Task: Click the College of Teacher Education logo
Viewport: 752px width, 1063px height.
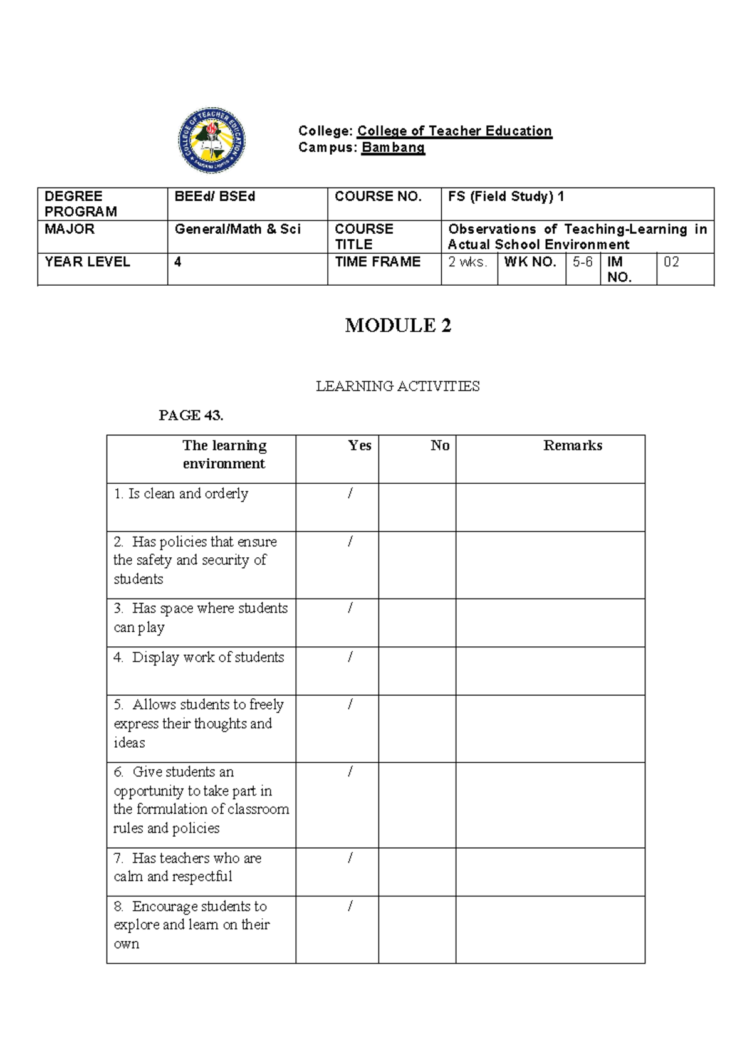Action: pos(212,140)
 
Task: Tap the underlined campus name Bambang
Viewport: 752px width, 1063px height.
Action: pos(393,148)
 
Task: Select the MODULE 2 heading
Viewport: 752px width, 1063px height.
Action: pos(398,325)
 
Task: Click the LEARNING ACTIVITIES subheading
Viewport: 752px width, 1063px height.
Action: pos(398,386)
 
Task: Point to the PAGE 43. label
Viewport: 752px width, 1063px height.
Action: pos(191,415)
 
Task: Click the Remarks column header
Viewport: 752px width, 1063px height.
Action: pos(572,446)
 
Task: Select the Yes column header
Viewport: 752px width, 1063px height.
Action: pos(360,446)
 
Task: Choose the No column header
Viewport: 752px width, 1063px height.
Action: pos(440,446)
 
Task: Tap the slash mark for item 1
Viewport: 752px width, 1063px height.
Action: pos(350,494)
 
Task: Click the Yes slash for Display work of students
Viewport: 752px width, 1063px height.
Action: pos(350,657)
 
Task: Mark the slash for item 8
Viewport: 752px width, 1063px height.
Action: pos(350,906)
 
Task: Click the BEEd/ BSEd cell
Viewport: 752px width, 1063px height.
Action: pos(215,197)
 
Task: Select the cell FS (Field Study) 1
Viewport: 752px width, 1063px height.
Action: pos(506,197)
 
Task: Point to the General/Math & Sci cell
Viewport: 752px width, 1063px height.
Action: pos(238,229)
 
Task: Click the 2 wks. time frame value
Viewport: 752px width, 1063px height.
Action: pos(467,262)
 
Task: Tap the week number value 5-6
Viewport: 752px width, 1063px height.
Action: pos(582,262)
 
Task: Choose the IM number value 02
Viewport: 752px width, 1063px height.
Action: pos(671,262)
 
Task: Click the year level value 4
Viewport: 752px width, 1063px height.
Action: pos(178,262)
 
